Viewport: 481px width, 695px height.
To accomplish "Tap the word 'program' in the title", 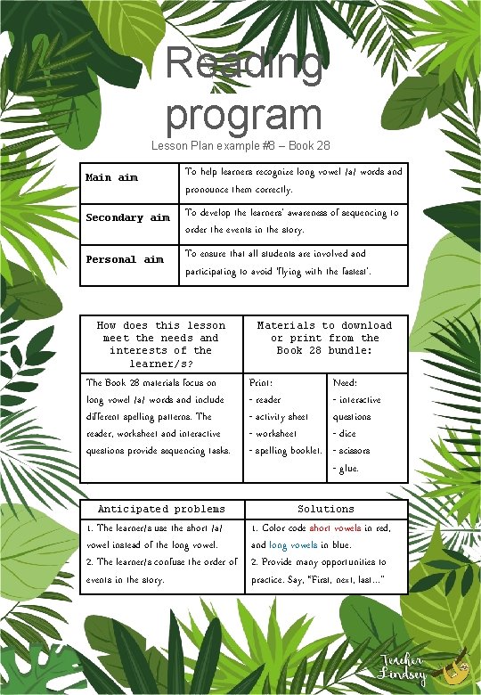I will click(x=243, y=114).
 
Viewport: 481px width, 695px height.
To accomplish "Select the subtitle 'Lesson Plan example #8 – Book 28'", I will click(x=241, y=145).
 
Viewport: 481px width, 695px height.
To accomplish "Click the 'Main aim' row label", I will click(x=111, y=178).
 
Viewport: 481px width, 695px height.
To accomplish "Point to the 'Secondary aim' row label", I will click(x=127, y=218).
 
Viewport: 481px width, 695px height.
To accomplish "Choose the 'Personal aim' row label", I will click(x=125, y=260).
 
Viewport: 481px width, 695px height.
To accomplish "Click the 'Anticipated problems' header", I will click(x=161, y=510).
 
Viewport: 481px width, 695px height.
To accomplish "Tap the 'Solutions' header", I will click(x=325, y=510).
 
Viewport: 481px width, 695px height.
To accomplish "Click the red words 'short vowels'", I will click(x=335, y=528).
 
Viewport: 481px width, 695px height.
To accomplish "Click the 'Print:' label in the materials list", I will click(x=261, y=382).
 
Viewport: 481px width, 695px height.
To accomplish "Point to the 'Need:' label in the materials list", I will click(x=345, y=382).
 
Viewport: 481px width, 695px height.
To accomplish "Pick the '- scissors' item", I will click(x=351, y=451).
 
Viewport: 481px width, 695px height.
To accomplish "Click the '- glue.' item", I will click(x=346, y=468).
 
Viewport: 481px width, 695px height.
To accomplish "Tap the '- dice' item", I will click(x=345, y=434).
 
